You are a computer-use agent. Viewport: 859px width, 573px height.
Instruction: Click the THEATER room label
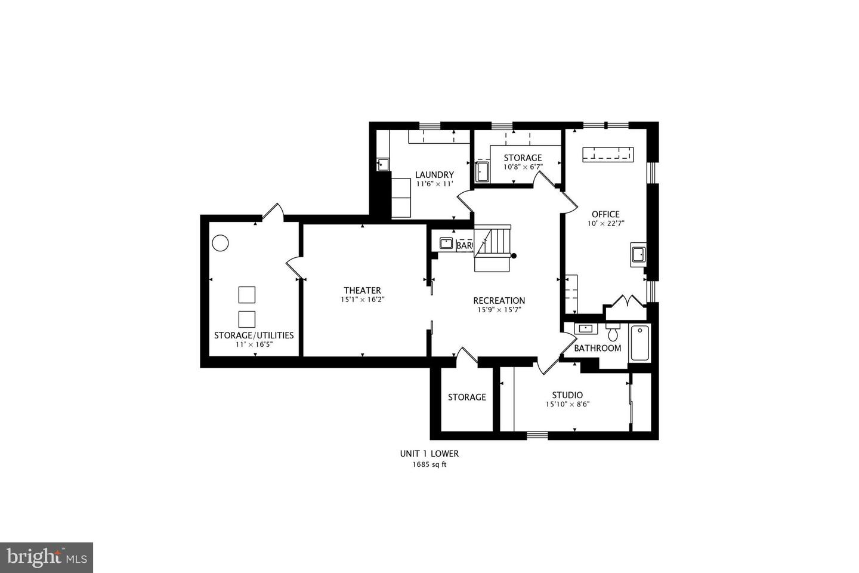[x=362, y=291]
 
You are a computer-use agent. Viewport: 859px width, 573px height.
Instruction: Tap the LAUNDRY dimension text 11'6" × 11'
[x=435, y=184]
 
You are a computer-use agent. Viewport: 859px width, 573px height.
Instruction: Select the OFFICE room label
[x=605, y=214]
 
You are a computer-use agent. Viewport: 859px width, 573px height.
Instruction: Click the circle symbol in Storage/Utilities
[x=220, y=243]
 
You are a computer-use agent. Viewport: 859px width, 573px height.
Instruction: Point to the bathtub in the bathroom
[x=639, y=343]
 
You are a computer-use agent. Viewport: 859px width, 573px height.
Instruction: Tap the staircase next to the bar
[x=493, y=247]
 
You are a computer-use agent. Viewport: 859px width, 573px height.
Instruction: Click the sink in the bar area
[x=446, y=243]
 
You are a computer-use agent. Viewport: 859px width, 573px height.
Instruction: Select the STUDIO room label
[x=567, y=395]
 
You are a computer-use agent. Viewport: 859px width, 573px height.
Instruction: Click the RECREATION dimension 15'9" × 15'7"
[x=499, y=310]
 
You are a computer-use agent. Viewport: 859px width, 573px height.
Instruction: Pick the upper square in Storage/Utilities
[x=246, y=295]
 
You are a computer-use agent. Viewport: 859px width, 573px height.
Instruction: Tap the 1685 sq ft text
[x=429, y=464]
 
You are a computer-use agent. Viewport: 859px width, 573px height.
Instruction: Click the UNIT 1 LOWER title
[x=429, y=454]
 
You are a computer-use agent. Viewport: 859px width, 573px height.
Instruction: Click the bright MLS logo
[x=46, y=557]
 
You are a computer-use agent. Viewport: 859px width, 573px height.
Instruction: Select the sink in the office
[x=638, y=254]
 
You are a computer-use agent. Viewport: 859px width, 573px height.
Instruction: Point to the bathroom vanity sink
[x=585, y=328]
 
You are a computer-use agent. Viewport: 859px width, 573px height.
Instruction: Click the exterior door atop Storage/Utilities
[x=273, y=212]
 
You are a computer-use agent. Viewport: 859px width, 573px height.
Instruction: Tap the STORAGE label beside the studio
[x=467, y=397]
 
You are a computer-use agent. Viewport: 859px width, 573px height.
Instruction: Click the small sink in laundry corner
[x=383, y=164]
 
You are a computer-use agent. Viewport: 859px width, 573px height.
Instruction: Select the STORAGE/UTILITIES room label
[x=254, y=335]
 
